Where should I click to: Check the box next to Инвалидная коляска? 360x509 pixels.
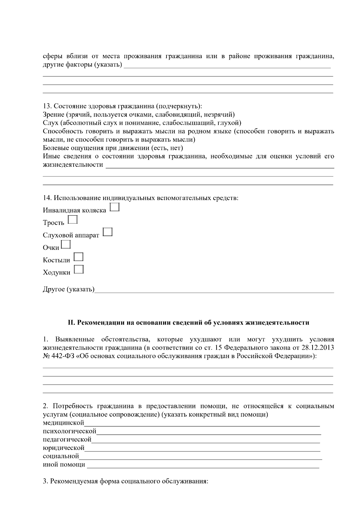[x=115, y=207]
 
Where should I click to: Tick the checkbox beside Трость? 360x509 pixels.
[x=73, y=220]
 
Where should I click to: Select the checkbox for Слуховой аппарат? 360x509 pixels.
[x=108, y=232]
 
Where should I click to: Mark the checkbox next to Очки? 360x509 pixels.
[x=66, y=245]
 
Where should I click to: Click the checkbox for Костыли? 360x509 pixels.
[x=79, y=257]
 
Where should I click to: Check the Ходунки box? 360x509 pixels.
[x=79, y=270]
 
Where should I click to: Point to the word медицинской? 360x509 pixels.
[x=63, y=423]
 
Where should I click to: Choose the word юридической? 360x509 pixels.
[x=64, y=448]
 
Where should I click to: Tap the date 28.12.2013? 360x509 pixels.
[x=317, y=348]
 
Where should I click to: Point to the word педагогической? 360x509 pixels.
[x=67, y=440]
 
